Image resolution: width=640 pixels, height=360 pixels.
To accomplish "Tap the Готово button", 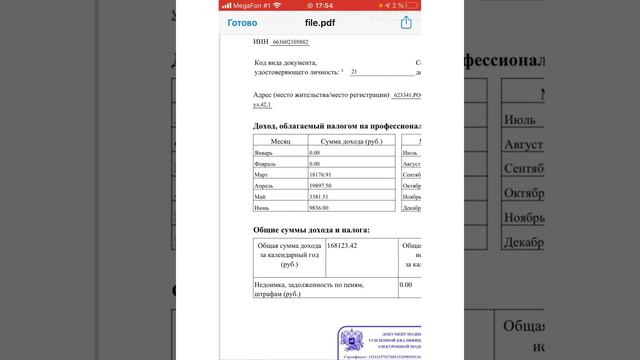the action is coord(242,22).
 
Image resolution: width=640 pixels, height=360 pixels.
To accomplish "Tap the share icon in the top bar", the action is coord(407,22).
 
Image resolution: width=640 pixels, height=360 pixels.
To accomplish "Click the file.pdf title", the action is coord(319,22).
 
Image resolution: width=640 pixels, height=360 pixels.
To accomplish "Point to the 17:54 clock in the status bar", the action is coord(319,5).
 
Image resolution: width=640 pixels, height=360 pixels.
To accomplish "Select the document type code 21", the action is coord(354,72).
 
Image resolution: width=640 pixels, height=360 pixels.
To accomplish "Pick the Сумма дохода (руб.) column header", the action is coord(344,142).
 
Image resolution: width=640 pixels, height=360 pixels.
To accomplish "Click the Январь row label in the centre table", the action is coord(264,153).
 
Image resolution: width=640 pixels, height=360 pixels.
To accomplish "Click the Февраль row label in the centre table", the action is coord(266,164).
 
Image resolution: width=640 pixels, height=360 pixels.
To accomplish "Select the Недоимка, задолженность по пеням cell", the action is coord(310,289).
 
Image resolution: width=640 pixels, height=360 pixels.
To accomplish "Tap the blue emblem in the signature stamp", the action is coord(352,339).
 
